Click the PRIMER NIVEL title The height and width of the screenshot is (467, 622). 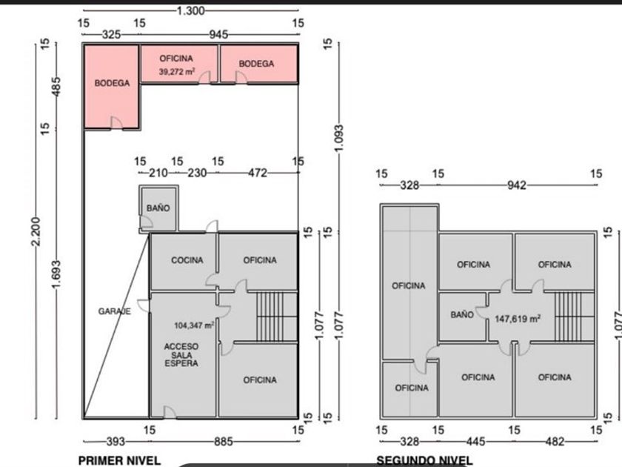(118, 460)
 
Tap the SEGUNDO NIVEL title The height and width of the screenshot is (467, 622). (424, 460)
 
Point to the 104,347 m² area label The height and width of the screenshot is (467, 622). (195, 325)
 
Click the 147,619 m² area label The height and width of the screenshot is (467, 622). (517, 318)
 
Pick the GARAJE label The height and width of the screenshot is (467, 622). (114, 312)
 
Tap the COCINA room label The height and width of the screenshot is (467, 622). (187, 260)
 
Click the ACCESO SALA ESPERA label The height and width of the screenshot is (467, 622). (181, 354)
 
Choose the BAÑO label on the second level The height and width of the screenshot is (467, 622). (461, 315)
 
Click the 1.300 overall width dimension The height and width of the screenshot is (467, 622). (191, 10)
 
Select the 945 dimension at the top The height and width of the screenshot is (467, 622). (218, 34)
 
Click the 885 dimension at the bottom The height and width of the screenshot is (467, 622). (222, 442)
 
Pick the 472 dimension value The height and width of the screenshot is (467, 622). (257, 173)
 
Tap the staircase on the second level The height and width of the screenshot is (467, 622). (569, 316)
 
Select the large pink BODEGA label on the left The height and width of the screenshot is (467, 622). (112, 83)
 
